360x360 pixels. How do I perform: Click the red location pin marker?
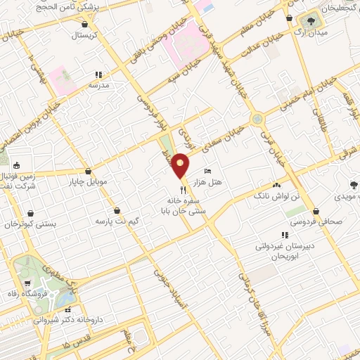pos(181,166)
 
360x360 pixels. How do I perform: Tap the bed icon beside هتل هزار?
pos(207,172)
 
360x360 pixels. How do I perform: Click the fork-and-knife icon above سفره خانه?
pos(183,189)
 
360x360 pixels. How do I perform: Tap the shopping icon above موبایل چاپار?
pos(87,172)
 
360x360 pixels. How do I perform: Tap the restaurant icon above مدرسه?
pos(99,74)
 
